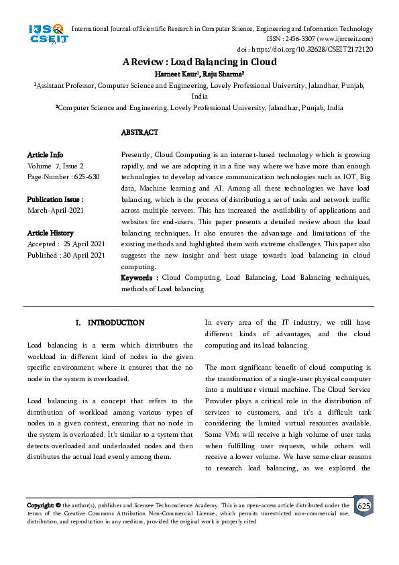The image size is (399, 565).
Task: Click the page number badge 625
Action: [x=363, y=505]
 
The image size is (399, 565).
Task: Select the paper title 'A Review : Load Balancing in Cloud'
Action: [x=199, y=62]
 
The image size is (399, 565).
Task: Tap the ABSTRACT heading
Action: [x=139, y=133]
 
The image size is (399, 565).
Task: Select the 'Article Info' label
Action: [x=45, y=155]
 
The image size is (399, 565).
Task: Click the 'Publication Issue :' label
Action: [x=55, y=199]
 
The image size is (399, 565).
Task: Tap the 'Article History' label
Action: [x=50, y=233]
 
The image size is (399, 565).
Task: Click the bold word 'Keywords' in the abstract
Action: [x=138, y=277]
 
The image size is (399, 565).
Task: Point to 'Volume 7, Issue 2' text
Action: [x=56, y=166]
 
